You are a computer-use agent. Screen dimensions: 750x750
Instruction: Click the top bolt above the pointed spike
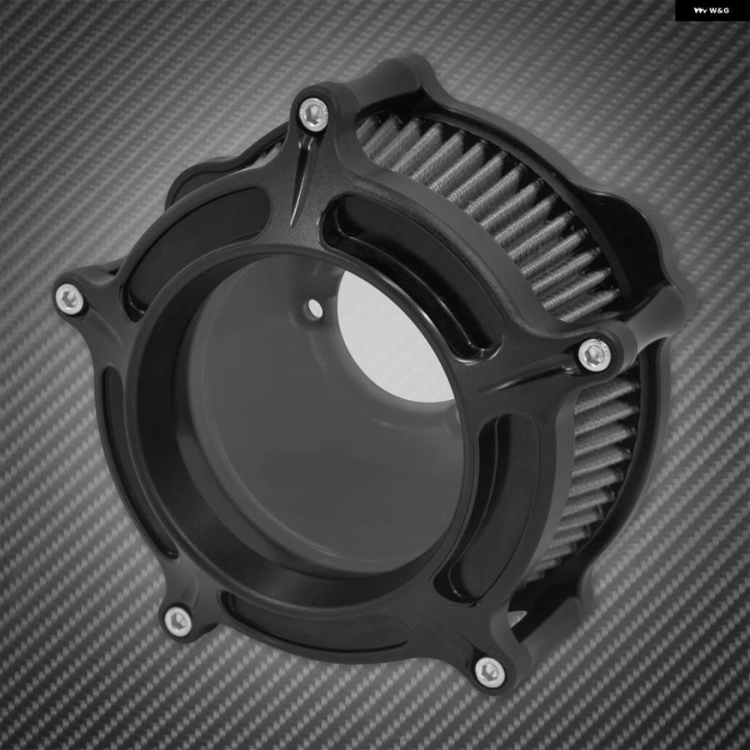[313, 114]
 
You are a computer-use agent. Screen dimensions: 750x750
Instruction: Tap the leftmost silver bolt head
[70, 299]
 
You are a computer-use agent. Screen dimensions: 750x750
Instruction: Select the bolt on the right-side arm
[594, 355]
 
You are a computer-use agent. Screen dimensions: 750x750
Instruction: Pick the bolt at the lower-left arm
[177, 622]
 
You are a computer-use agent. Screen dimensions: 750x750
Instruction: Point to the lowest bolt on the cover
[490, 672]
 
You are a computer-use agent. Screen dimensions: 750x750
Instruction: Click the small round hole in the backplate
[315, 308]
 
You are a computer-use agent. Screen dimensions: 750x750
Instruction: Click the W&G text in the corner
[719, 10]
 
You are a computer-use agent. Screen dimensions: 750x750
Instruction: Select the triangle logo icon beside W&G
[700, 10]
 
